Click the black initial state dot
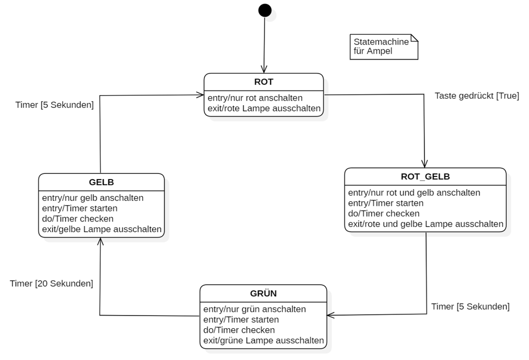tap(264, 10)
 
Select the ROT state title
tap(263, 81)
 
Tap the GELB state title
tap(101, 182)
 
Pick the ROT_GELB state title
tap(425, 176)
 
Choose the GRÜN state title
tap(263, 293)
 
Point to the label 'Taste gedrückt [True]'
tap(476, 96)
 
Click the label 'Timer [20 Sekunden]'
tap(51, 284)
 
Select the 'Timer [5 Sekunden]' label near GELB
tap(55, 105)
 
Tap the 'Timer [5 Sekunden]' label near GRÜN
tap(470, 306)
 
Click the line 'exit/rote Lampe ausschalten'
tap(263, 108)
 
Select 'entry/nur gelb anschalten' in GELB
tap(93, 198)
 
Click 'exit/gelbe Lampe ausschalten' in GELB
tap(102, 230)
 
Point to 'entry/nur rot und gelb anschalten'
tap(414, 193)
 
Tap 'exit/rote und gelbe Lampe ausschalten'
tap(425, 224)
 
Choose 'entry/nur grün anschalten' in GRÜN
tap(254, 309)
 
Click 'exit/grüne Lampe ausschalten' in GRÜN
tap(263, 340)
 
